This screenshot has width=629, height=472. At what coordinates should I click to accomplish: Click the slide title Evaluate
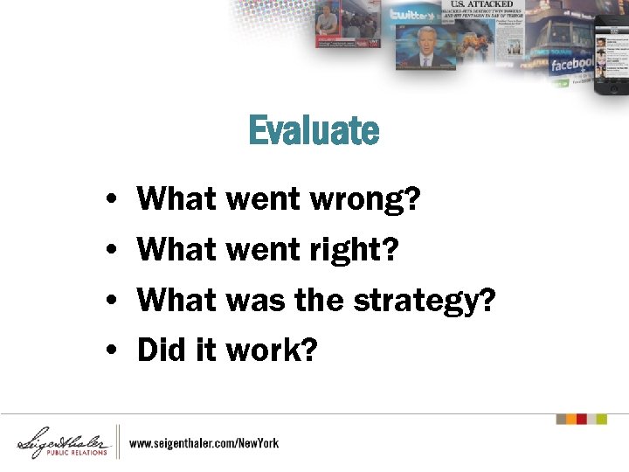tap(314, 131)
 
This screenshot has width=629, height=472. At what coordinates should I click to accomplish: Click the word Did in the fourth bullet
tap(158, 351)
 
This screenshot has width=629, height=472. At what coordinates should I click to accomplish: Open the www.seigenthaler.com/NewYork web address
tap(204, 443)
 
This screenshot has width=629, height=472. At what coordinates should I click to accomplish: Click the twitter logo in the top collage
tap(413, 15)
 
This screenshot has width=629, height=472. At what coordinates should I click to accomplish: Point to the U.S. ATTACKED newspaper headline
tap(481, 4)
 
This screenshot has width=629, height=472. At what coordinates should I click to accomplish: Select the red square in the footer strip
tap(588, 419)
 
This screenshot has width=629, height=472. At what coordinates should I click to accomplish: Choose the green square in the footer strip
tap(601, 419)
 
